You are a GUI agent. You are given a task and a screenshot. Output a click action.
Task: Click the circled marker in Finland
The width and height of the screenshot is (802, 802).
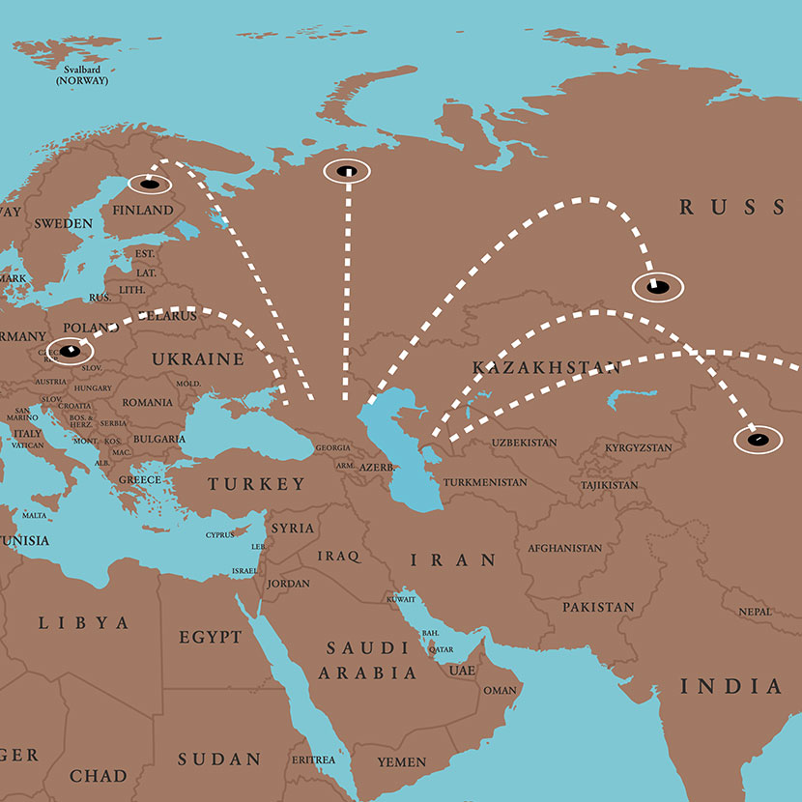148,184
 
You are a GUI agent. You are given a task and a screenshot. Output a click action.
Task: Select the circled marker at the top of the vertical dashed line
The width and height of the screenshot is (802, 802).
347,172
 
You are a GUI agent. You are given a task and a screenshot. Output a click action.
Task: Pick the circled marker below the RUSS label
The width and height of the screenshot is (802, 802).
657,286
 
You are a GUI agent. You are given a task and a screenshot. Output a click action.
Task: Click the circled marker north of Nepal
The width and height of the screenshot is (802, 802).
759,440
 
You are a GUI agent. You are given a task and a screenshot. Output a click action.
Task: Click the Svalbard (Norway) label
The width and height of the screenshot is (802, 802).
82,75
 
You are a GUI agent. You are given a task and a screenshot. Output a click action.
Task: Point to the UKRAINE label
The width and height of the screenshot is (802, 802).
197,359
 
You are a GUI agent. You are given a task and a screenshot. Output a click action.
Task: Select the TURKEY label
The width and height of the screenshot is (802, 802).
257,484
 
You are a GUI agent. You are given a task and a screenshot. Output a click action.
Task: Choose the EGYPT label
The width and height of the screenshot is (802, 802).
210,638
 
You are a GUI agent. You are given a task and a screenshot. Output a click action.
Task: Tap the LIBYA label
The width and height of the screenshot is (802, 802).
83,623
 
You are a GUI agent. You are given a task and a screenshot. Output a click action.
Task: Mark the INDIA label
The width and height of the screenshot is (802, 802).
731,687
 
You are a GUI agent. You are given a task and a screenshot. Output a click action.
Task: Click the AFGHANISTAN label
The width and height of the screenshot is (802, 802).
564,548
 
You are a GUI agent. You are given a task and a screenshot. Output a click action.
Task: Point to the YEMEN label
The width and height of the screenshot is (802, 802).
401,762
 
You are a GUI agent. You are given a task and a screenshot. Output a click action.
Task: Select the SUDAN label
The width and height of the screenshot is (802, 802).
219,759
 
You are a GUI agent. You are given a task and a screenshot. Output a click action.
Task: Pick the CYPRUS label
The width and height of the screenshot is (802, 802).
219,535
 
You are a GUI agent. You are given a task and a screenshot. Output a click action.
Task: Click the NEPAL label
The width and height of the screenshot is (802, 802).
755,612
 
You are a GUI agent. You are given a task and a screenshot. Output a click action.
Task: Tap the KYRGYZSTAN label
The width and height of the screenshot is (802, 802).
638,448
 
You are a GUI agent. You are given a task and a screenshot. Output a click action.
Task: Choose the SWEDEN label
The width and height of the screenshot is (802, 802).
63,223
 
